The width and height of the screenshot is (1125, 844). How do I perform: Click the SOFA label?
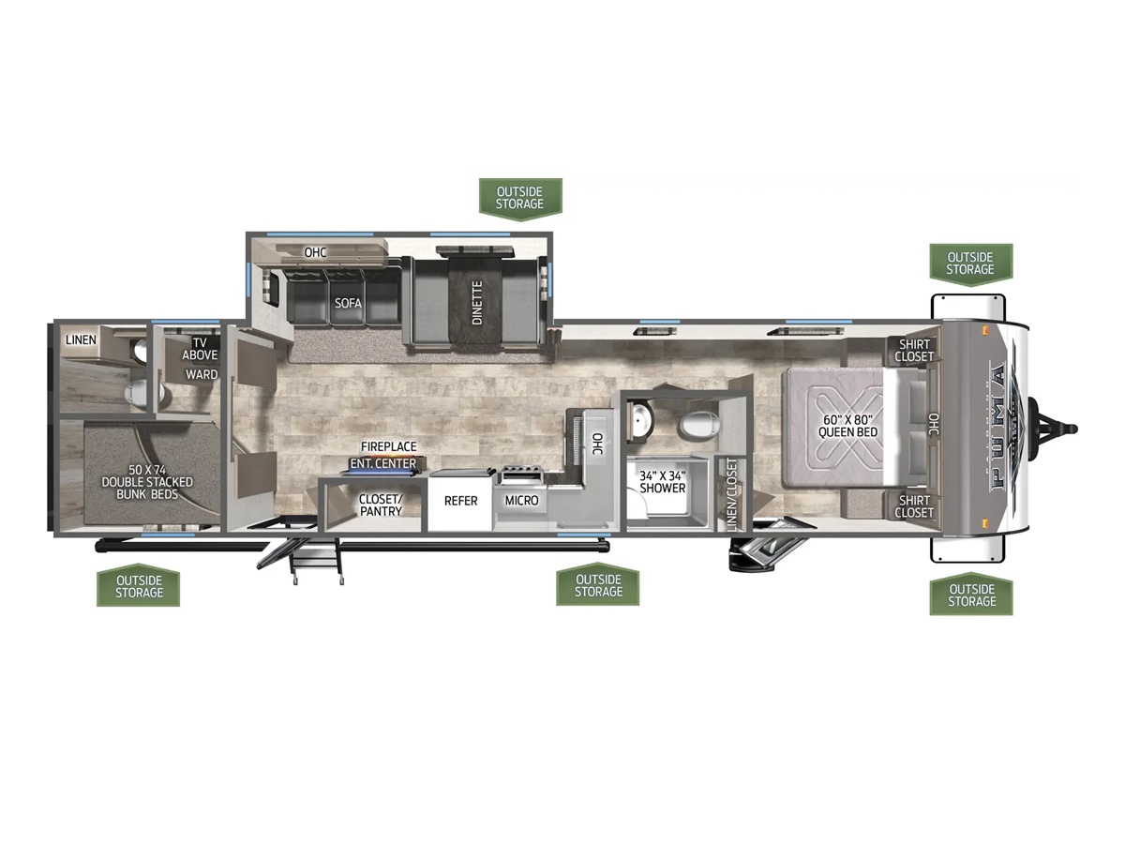click(x=348, y=303)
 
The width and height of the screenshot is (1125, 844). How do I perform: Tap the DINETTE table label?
click(x=477, y=302)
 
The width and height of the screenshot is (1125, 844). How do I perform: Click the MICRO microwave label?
click(x=521, y=500)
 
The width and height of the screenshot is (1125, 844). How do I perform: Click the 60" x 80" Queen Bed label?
click(x=847, y=426)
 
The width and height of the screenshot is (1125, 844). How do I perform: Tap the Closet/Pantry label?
click(x=381, y=505)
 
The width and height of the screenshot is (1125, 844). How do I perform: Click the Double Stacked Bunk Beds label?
click(x=147, y=482)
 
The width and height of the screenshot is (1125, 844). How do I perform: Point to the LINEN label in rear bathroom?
click(x=81, y=339)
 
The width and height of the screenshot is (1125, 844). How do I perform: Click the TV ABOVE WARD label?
click(x=201, y=358)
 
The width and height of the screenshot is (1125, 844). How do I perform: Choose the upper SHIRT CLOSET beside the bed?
click(x=914, y=350)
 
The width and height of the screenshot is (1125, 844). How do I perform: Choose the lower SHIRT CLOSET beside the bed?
click(x=914, y=505)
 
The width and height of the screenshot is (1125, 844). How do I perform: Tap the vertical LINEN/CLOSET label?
click(x=731, y=495)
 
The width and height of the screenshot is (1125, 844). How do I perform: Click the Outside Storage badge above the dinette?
click(x=520, y=199)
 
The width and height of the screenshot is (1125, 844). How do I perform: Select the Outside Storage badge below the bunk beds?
click(x=139, y=587)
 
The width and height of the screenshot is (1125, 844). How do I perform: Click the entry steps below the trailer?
click(x=316, y=565)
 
